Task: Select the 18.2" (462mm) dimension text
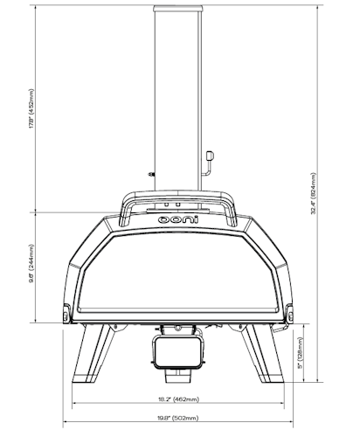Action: click(x=178, y=399)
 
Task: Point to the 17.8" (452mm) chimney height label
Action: click(x=32, y=109)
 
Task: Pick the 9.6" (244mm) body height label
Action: click(x=32, y=268)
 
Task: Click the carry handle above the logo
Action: click(x=179, y=199)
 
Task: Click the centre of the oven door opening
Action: click(x=179, y=271)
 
